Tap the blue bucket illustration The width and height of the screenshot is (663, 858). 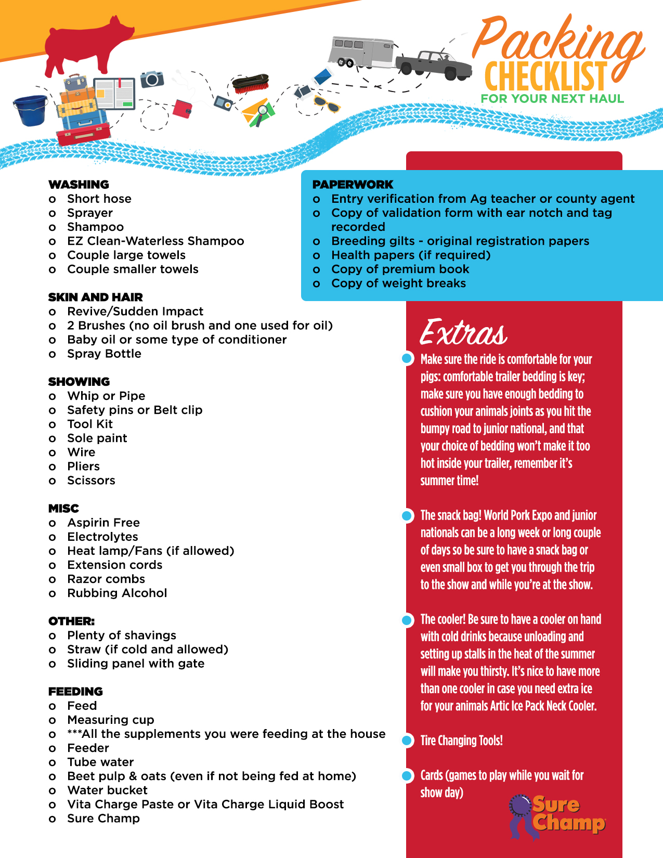pyautogui.click(x=31, y=110)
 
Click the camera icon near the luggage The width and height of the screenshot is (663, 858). pyautogui.click(x=152, y=79)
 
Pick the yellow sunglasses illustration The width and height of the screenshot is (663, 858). pyautogui.click(x=326, y=103)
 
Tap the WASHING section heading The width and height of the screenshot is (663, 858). pyautogui.click(x=79, y=185)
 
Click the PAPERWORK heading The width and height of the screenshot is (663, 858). pyautogui.click(x=353, y=185)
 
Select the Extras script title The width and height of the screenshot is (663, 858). pyautogui.click(x=463, y=333)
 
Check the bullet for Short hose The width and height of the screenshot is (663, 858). pyautogui.click(x=52, y=199)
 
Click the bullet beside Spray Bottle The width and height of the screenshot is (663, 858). pyautogui.click(x=52, y=354)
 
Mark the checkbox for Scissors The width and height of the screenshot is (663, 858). pyautogui.click(x=52, y=481)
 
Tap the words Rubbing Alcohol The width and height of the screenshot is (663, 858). pyautogui.click(x=117, y=593)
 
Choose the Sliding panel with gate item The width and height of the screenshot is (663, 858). pyautogui.click(x=136, y=664)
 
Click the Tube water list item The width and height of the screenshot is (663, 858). pyautogui.click(x=100, y=762)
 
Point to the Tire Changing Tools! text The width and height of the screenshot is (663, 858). pyautogui.click(x=461, y=740)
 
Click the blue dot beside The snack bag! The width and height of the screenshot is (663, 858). pyautogui.click(x=408, y=515)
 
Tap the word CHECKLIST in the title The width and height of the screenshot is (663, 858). pyautogui.click(x=545, y=77)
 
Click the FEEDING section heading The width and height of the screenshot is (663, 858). pyautogui.click(x=75, y=692)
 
